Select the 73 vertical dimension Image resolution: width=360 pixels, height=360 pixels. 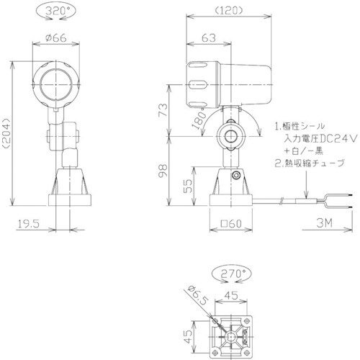[163, 111]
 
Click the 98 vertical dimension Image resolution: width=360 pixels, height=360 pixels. [163, 171]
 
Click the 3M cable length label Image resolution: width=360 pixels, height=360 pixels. [324, 225]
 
